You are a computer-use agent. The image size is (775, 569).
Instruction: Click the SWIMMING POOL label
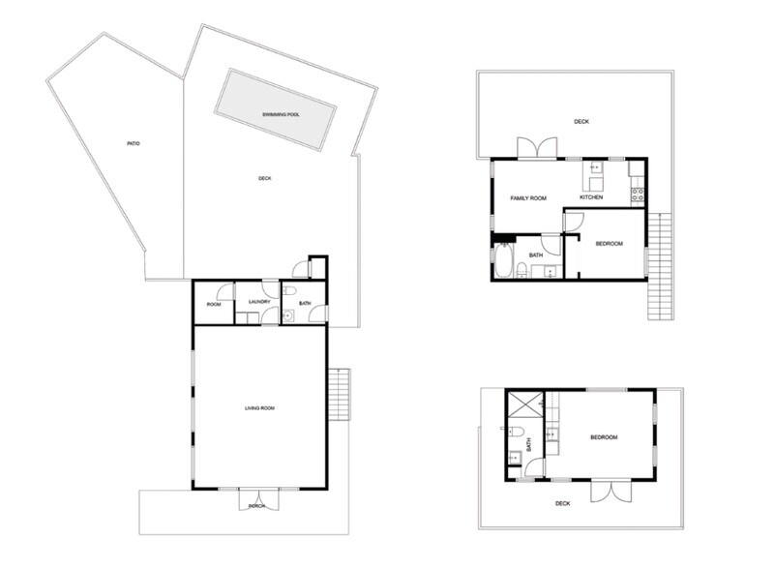[281, 115]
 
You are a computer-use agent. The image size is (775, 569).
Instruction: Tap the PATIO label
[134, 144]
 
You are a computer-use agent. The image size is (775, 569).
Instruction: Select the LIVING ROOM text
[259, 408]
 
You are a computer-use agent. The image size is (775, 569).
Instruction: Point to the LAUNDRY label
[258, 301]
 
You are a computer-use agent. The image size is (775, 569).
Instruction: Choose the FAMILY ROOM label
[528, 198]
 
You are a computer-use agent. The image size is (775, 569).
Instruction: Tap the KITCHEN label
[591, 197]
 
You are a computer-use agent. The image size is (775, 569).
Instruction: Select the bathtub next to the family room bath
[503, 261]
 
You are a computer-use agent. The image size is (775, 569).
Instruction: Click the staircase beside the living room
[339, 395]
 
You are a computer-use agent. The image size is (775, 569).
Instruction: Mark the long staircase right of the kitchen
[660, 266]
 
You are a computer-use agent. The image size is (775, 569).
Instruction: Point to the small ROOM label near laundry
[214, 305]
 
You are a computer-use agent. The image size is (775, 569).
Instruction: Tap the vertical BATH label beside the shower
[529, 445]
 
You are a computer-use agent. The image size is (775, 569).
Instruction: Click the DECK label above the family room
[581, 122]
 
